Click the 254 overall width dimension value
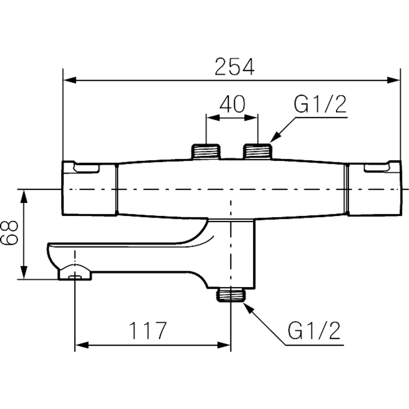point(234,67)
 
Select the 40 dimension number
point(232,104)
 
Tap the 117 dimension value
point(147,331)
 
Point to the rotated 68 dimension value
point(9,232)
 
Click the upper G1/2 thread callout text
point(320,104)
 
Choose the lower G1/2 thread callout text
point(314,331)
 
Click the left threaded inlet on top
point(206,151)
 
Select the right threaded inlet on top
point(258,151)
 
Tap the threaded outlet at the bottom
point(231,295)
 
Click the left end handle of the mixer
point(90,188)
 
